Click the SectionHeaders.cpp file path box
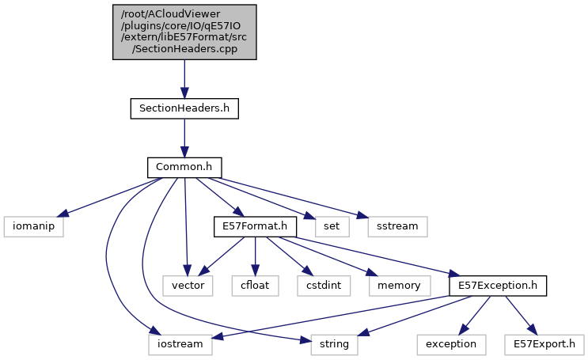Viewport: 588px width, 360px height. (x=184, y=31)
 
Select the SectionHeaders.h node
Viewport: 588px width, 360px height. (x=184, y=108)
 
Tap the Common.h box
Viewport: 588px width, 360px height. (x=184, y=168)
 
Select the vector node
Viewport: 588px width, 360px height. (x=188, y=285)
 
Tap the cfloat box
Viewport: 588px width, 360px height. (x=255, y=285)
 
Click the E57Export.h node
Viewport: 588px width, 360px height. (x=544, y=344)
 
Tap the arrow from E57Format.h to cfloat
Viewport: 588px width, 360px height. (x=254, y=256)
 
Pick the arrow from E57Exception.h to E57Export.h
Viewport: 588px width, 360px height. (x=515, y=313)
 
